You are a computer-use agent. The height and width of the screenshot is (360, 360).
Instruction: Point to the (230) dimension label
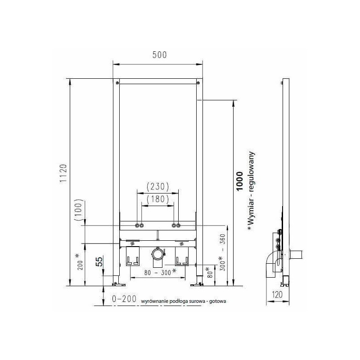click(x=157, y=185)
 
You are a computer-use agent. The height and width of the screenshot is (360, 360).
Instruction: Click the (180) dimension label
click(x=157, y=198)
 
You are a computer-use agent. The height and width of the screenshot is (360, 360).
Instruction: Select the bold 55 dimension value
click(x=100, y=261)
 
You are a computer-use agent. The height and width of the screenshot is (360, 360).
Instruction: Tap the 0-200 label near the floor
click(x=124, y=298)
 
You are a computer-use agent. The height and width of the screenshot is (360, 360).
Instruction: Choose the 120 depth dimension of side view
click(x=277, y=296)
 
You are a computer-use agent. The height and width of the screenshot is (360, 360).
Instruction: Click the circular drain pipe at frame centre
click(x=157, y=255)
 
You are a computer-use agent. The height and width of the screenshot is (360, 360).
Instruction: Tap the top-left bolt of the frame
click(x=117, y=83)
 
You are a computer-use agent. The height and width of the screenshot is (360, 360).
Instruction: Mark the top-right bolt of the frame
click(x=197, y=83)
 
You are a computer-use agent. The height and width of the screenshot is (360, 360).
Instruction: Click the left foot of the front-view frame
click(x=117, y=283)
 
